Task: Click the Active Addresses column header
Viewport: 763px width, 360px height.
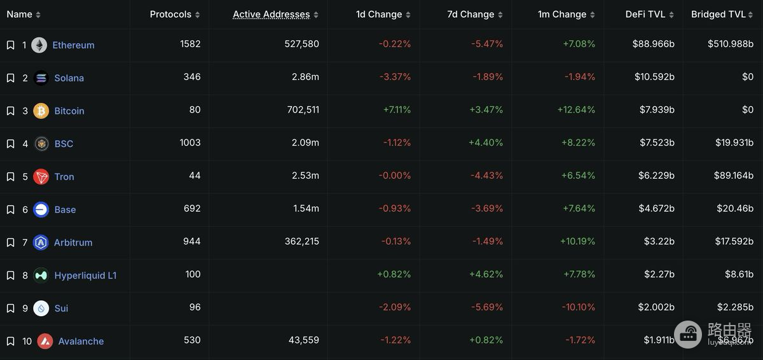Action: (271, 14)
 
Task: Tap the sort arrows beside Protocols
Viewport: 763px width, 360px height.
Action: (198, 15)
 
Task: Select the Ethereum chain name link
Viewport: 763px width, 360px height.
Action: (73, 45)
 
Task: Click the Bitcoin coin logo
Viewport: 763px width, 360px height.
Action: (41, 111)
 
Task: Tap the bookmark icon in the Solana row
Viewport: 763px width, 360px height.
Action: (11, 78)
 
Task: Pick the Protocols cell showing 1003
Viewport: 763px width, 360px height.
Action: (190, 142)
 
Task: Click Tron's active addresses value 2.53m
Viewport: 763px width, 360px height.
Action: (305, 176)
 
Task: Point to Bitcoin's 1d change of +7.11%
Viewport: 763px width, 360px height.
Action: (397, 109)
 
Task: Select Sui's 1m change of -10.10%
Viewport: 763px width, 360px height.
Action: (579, 307)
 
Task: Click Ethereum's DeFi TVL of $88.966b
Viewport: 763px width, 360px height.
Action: (654, 44)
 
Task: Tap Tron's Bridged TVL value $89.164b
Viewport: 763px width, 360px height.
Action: (734, 176)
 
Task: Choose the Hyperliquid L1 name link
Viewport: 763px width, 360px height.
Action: (85, 275)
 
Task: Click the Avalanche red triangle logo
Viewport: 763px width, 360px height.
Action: (45, 341)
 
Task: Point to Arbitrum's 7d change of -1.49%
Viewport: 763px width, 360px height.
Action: (488, 241)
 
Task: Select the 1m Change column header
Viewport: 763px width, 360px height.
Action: (562, 14)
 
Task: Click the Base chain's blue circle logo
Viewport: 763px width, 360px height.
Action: (41, 209)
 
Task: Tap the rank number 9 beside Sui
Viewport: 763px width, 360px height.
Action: (25, 308)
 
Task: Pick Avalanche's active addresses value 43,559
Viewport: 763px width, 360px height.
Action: (304, 340)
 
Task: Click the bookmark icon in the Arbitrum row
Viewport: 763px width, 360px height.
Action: (11, 242)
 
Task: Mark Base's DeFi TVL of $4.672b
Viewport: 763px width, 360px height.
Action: (656, 209)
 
